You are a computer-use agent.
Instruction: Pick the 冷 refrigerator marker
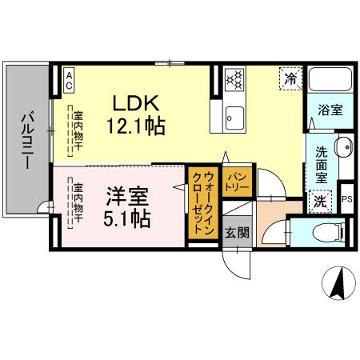(x=291, y=78)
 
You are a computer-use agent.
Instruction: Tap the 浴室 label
(x=330, y=110)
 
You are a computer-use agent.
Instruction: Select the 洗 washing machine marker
(x=319, y=202)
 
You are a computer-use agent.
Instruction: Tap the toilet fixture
(x=330, y=231)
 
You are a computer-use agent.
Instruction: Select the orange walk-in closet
(x=202, y=202)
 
